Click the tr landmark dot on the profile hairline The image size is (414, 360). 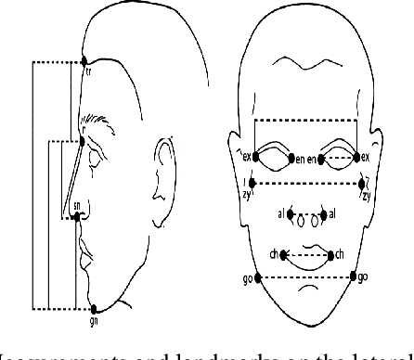83,62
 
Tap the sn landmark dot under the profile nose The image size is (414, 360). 77,217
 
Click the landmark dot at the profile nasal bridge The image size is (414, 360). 84,141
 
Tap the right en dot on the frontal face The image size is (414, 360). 323,159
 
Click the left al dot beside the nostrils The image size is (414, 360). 291,215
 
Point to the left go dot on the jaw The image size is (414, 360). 257,276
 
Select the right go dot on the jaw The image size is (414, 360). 355,276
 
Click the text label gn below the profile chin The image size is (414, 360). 93,319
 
